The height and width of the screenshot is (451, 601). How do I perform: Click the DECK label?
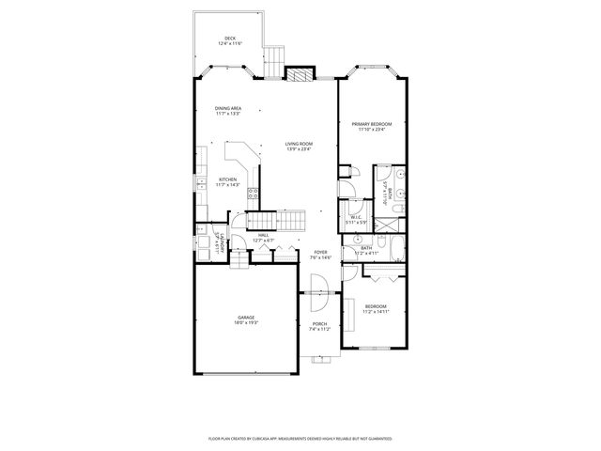click(x=229, y=39)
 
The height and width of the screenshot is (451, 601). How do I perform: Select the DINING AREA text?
click(x=227, y=109)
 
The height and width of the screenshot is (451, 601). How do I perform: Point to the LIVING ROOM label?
click(x=299, y=145)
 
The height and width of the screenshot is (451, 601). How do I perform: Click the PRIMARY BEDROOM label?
click(x=372, y=125)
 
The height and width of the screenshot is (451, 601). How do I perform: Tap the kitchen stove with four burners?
click(x=253, y=195)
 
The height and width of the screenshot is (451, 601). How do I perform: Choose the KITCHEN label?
click(x=228, y=180)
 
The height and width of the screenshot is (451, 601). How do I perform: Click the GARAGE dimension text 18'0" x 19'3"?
click(x=246, y=323)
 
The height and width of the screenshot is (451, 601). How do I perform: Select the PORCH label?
click(x=320, y=325)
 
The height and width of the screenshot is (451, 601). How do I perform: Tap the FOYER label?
click(x=320, y=253)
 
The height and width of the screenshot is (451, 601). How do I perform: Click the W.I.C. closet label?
click(x=356, y=218)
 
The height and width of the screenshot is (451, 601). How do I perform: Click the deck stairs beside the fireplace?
click(x=273, y=62)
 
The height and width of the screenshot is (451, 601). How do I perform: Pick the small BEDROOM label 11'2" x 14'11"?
click(x=376, y=308)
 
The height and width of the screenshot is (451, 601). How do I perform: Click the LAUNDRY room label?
click(x=220, y=243)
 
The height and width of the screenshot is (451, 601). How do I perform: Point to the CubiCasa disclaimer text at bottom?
click(x=300, y=438)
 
